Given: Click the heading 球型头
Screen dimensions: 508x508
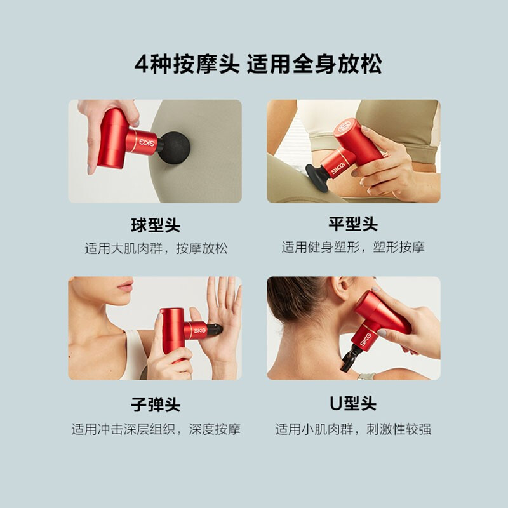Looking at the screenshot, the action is pos(156,225).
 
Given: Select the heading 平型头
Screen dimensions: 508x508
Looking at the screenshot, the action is pos(353,224).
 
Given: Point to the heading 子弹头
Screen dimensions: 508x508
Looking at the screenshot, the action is pos(156,404).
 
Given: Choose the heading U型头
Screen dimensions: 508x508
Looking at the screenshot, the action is pos(353,404).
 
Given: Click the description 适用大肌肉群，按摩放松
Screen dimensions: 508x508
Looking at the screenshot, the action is pos(156,248).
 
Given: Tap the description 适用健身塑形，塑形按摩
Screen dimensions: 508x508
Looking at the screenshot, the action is pos(353,247).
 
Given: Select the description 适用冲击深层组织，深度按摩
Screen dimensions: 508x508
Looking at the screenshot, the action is pos(156,429).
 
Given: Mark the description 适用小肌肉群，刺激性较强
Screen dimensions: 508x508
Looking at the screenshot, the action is pos(353,429).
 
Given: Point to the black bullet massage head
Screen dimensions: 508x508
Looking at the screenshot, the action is pos(215,329).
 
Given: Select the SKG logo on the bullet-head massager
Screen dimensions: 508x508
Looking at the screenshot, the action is pos(199,331).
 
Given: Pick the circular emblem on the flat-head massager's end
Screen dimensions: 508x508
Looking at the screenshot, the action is pos(344,126).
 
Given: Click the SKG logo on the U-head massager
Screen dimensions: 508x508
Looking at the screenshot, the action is pos(365,339).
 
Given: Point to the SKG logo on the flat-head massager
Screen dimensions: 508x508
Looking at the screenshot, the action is pos(338,167).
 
